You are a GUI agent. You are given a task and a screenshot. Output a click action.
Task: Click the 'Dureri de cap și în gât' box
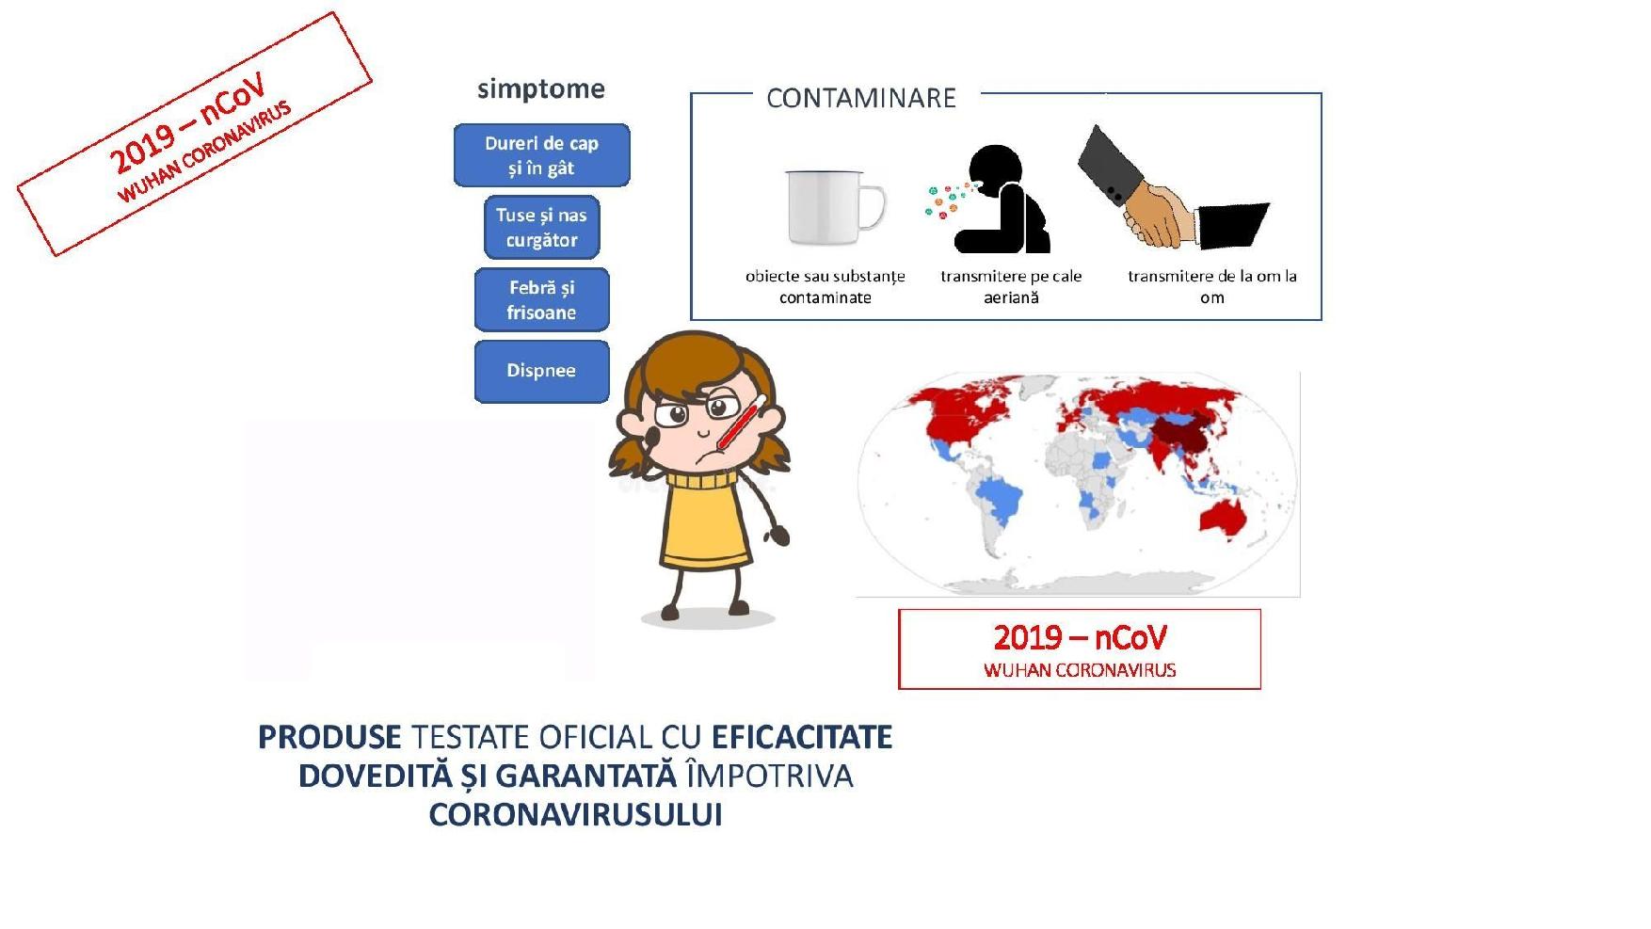point(541,155)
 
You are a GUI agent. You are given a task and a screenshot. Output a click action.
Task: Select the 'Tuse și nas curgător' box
point(541,227)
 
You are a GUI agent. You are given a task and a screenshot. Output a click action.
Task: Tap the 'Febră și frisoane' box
point(541,299)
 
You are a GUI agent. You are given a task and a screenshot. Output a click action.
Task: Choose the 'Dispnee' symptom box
point(541,371)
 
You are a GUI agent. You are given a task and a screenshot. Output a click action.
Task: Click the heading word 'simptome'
point(541,88)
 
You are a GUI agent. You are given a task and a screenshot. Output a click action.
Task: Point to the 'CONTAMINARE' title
point(861,98)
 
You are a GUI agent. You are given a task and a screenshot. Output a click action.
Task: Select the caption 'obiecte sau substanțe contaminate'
point(825,287)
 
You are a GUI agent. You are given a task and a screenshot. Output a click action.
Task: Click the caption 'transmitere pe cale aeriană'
point(1011,287)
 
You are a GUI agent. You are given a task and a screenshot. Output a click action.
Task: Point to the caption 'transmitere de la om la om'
point(1212,287)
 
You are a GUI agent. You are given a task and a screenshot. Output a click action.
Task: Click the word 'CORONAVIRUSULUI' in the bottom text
point(575,815)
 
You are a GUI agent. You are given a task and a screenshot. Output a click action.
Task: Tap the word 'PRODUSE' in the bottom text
point(329,737)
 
